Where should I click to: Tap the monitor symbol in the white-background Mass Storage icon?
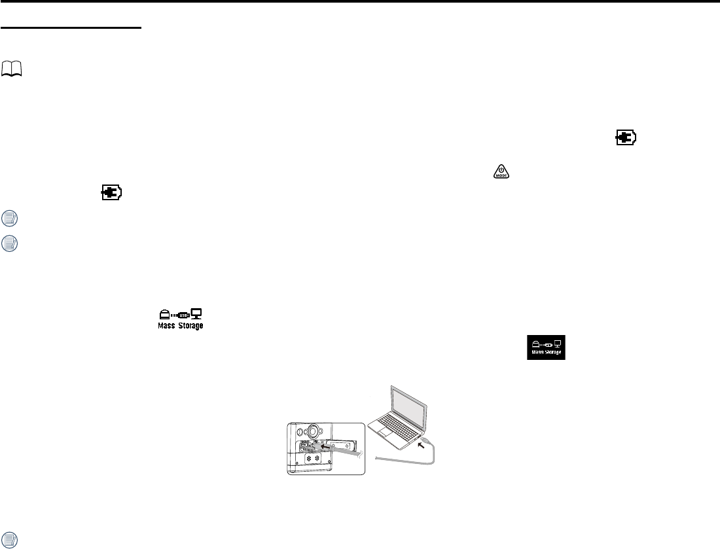tap(196, 315)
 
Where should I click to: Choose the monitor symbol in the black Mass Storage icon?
tap(558, 342)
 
